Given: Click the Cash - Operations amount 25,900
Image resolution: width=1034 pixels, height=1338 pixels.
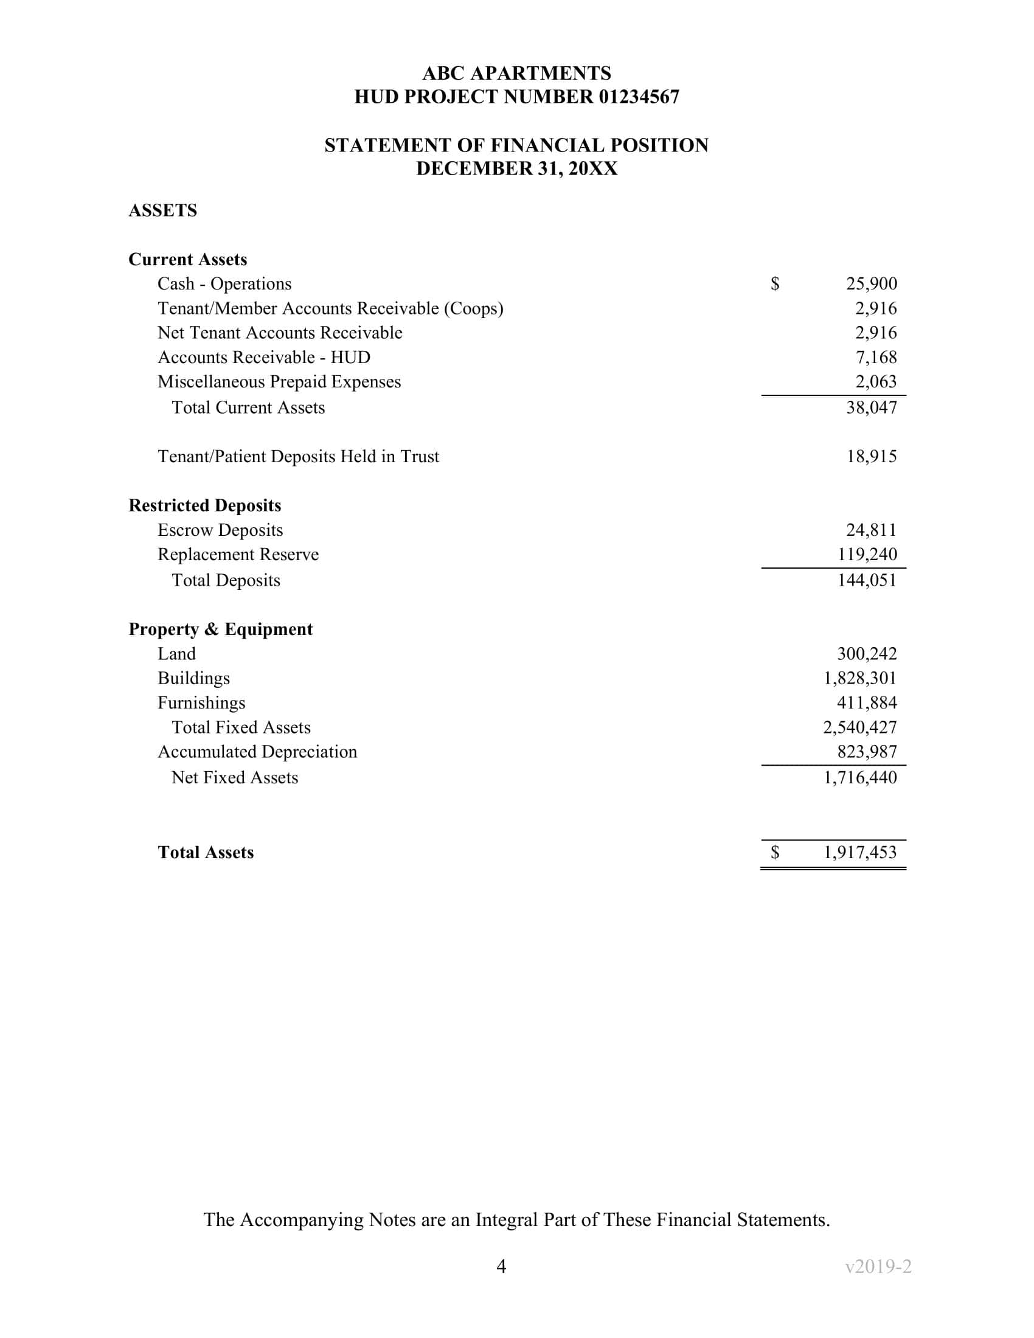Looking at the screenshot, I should tap(871, 283).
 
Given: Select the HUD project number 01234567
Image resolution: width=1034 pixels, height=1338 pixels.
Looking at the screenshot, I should tap(639, 97).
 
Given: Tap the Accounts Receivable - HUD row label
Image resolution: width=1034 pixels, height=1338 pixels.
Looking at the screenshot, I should tap(263, 357).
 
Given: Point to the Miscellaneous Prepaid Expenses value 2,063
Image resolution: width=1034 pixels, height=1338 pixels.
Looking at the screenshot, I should tap(876, 382).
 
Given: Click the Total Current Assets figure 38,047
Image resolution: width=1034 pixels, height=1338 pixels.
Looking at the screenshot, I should tap(871, 407).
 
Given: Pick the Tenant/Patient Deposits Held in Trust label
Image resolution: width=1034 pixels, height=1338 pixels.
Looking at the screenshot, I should tap(297, 456).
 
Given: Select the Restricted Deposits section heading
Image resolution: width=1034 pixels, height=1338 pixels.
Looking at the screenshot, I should tap(204, 505).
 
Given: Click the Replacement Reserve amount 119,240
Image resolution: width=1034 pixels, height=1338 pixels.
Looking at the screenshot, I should tap(867, 555).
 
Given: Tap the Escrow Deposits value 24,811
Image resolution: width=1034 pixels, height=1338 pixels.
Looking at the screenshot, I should tap(871, 530).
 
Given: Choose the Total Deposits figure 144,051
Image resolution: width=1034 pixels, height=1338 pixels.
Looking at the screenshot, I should tap(867, 580).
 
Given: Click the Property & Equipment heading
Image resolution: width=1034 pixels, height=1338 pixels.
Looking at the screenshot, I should tap(220, 629).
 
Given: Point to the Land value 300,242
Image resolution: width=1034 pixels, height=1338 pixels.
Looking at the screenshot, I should tap(867, 654).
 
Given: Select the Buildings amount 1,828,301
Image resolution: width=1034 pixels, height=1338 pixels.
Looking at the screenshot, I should tap(859, 678).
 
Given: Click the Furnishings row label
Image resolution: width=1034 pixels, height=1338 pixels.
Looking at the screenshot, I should tap(201, 702).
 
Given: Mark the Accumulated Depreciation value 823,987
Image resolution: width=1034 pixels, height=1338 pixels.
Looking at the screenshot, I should tap(867, 752).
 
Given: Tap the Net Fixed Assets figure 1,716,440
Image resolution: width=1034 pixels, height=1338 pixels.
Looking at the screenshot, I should tap(859, 777).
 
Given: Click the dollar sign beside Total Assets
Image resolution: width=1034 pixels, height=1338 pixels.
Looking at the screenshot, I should tap(775, 852).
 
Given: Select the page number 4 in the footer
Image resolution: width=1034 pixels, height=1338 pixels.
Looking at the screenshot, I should tap(501, 1266).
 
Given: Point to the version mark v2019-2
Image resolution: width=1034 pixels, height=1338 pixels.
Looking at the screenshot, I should tap(878, 1266).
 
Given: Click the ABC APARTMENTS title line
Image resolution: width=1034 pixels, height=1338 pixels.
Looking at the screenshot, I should tap(516, 74).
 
